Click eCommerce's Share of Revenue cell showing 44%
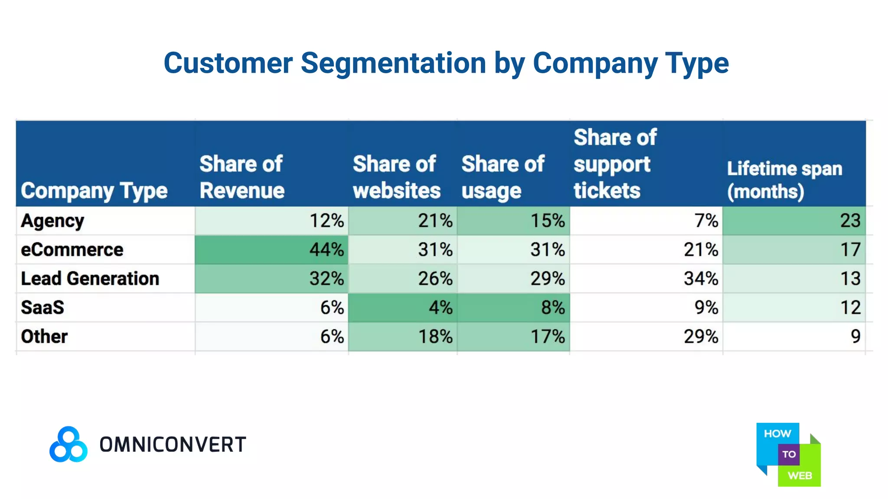pyautogui.click(x=326, y=250)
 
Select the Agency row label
pyautogui.click(x=52, y=221)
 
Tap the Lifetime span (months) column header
pyautogui.click(x=784, y=180)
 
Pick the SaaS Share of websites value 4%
pyautogui.click(x=440, y=308)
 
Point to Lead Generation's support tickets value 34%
pyautogui.click(x=701, y=279)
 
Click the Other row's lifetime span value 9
pyautogui.click(x=855, y=337)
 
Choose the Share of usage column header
pyautogui.click(x=502, y=177)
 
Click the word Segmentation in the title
pyautogui.click(x=393, y=63)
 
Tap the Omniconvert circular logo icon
pyautogui.click(x=69, y=444)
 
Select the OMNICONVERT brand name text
pyautogui.click(x=173, y=445)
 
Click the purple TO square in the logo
pyautogui.click(x=789, y=454)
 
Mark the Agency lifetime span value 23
pyautogui.click(x=850, y=221)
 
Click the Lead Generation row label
pyautogui.click(x=90, y=279)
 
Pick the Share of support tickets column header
pyautogui.click(x=614, y=164)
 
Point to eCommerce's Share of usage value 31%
pyautogui.click(x=547, y=250)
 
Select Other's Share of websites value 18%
pyautogui.click(x=435, y=337)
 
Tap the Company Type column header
pyautogui.click(x=94, y=191)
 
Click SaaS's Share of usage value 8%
pyautogui.click(x=552, y=308)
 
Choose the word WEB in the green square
pyautogui.click(x=800, y=476)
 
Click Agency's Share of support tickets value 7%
pyautogui.click(x=706, y=221)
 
